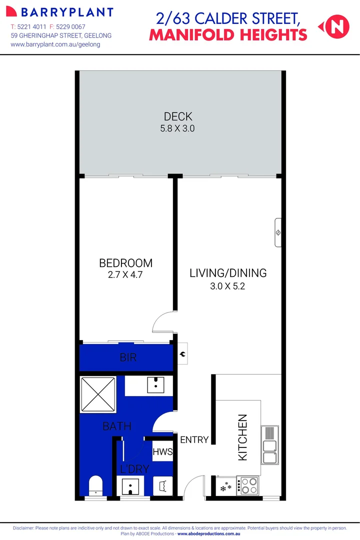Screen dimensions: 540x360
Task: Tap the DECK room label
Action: point(178,116)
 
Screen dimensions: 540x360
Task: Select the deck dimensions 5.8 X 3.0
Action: point(177,128)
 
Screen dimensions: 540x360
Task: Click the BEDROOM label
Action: point(125,263)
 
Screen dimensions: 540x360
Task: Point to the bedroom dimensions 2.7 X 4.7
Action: point(125,274)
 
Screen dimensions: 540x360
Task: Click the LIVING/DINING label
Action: point(228,273)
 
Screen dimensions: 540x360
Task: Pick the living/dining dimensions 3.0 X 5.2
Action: point(228,286)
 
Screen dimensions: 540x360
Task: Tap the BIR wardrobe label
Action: point(128,358)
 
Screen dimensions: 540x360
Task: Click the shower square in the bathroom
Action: point(99,395)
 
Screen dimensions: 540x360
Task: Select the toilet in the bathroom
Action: point(95,485)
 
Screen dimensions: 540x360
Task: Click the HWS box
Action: point(163,452)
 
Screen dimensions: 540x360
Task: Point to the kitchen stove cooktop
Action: point(248,485)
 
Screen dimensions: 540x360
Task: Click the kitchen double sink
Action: point(269,445)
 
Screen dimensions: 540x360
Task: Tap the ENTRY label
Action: point(194,440)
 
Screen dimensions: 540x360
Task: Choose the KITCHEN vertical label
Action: point(242,437)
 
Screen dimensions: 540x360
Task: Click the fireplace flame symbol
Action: point(183,354)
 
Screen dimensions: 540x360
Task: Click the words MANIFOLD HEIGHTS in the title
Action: point(228,34)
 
